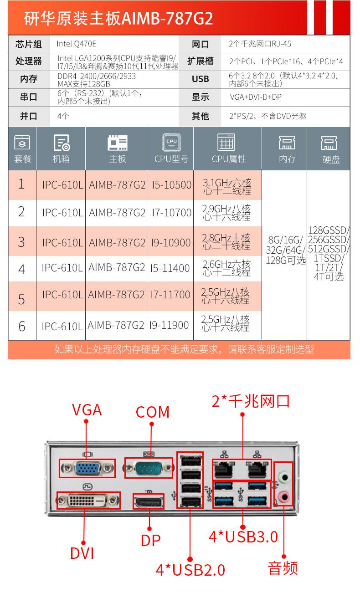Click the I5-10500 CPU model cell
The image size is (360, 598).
point(171,185)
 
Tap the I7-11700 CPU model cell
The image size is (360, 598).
point(171,295)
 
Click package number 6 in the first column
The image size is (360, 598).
point(22,326)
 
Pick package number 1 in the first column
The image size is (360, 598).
point(22,184)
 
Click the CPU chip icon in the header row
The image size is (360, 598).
point(171,143)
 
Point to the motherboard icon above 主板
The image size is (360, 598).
point(117,143)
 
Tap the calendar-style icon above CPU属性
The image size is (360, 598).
point(226,143)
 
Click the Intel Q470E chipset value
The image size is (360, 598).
point(77,44)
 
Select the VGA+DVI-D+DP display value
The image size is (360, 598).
point(256,97)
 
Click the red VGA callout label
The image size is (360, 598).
point(87,409)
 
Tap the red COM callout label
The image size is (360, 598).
point(153,412)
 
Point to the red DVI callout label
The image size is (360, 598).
point(82,553)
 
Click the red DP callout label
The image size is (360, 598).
point(151,540)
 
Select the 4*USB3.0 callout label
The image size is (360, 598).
point(243,537)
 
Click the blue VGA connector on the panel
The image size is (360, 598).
point(87,468)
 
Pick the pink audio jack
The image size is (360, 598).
point(283,496)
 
